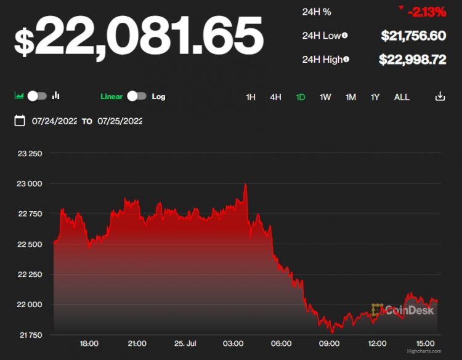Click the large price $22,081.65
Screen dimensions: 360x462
[139, 36]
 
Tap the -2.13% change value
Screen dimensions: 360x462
[426, 12]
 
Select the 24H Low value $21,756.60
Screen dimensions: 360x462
[413, 36]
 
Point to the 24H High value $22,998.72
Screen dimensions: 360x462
[412, 59]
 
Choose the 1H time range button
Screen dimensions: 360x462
[251, 97]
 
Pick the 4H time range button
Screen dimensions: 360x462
[275, 97]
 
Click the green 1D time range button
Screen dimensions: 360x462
[301, 97]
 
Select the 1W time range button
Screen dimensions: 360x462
[325, 97]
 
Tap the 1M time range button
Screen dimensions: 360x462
[351, 97]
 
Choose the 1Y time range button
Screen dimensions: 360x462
[375, 97]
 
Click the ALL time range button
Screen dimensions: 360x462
[402, 97]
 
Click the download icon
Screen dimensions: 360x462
[440, 96]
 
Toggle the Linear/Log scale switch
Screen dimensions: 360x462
[137, 96]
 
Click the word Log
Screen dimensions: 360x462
[158, 97]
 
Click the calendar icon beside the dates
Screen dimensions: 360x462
[20, 121]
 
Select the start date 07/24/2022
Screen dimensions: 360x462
[54, 121]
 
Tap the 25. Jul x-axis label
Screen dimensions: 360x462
[185, 343]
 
